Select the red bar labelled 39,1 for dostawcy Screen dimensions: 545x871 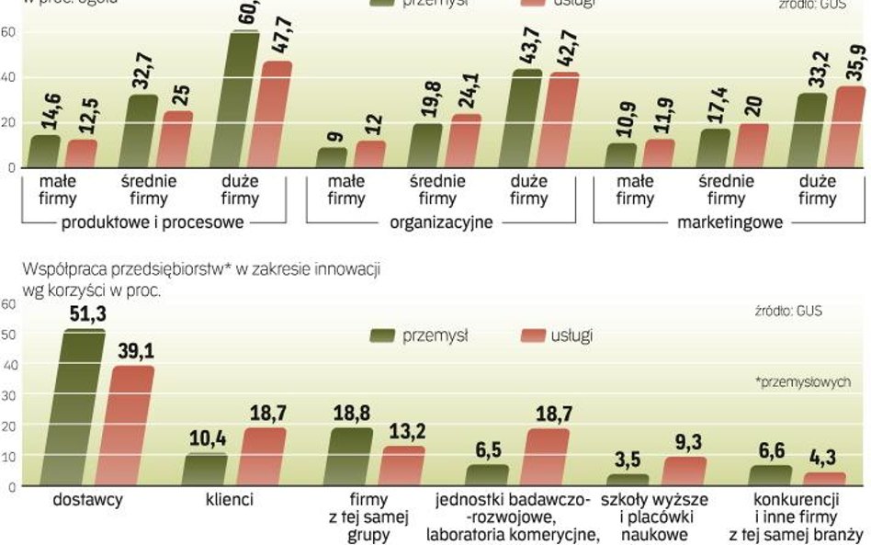134,426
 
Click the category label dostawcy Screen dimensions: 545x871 87,501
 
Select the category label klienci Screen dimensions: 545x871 229,501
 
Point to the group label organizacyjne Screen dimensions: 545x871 441,222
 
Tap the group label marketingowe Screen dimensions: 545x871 730,222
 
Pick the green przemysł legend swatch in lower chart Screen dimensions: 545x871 383,335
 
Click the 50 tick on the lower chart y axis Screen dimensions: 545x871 8,334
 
